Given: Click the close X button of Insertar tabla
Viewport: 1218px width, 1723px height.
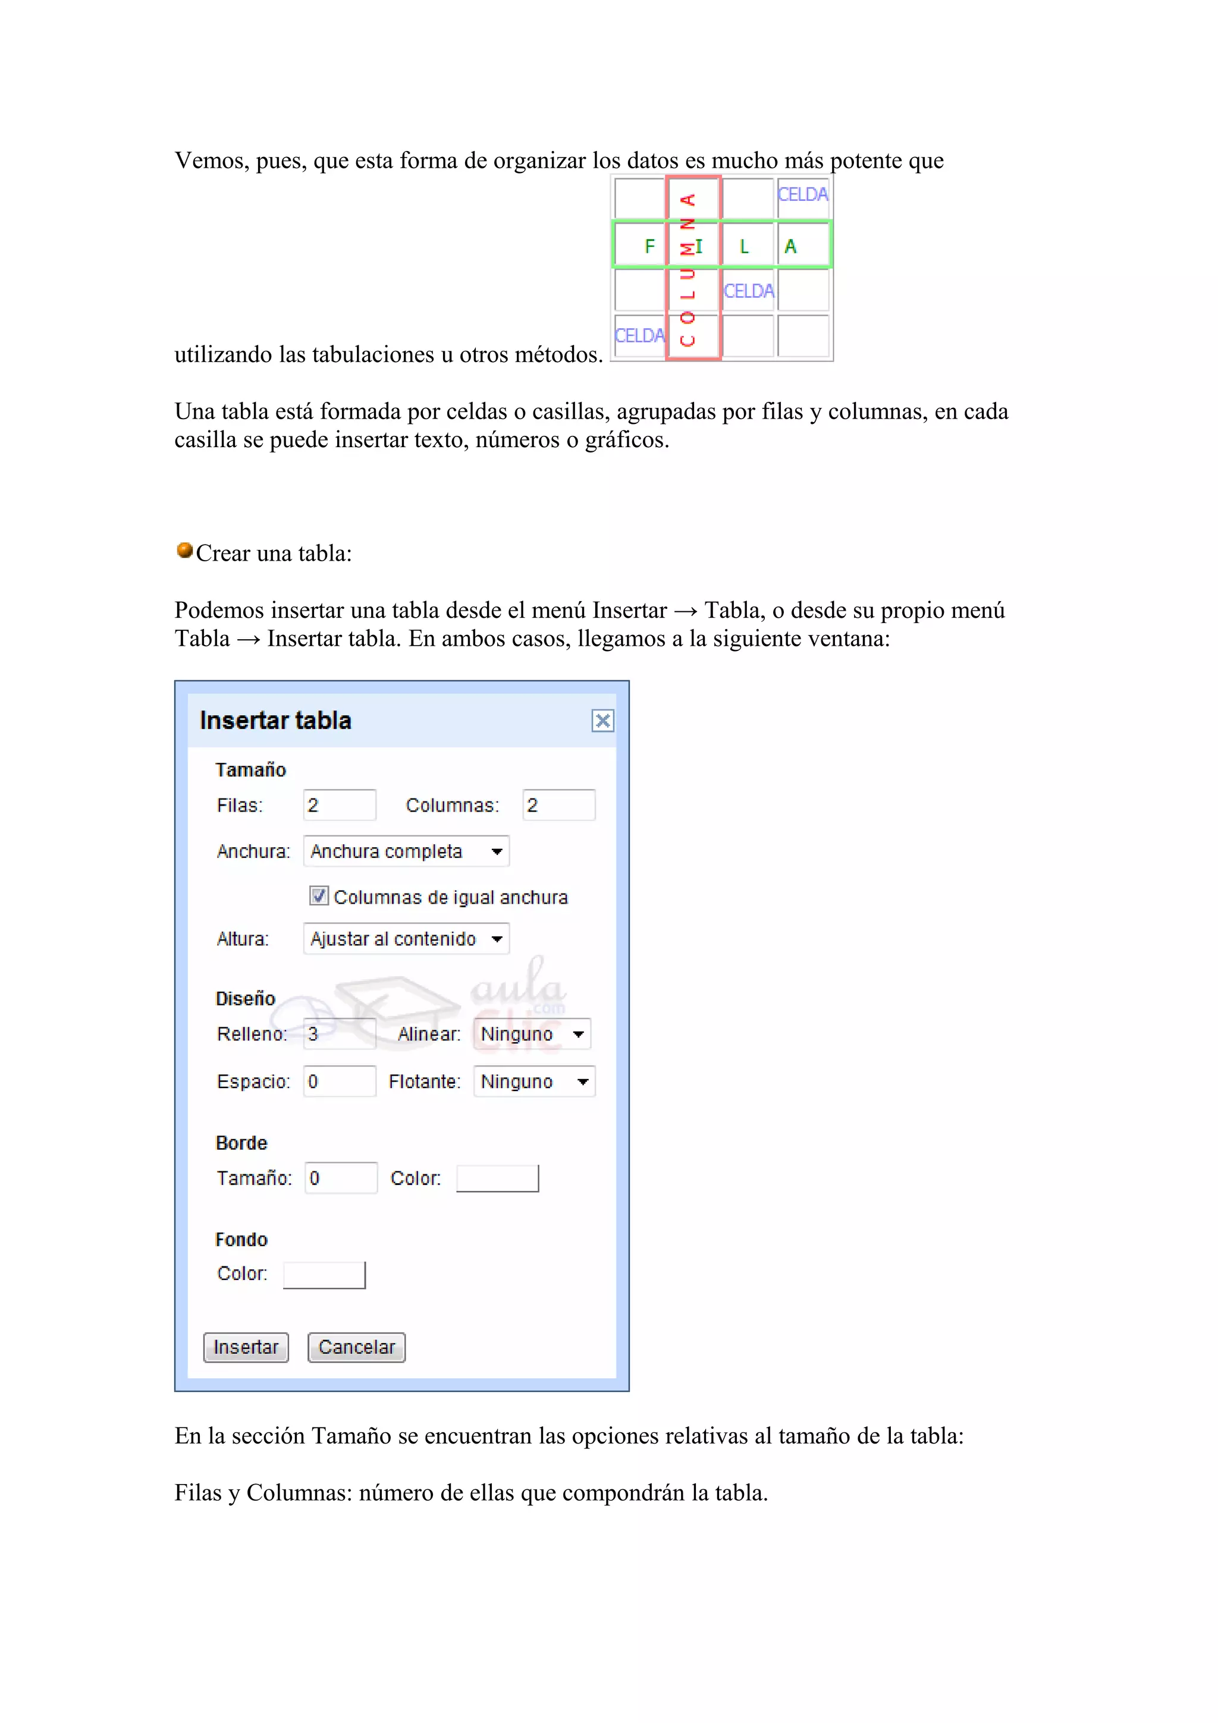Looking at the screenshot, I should (x=602, y=721).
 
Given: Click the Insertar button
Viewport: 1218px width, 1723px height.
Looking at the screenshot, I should (x=246, y=1347).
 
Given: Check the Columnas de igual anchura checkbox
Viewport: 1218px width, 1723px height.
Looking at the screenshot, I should (x=319, y=896).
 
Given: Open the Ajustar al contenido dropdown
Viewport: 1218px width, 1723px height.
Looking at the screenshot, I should (x=406, y=939).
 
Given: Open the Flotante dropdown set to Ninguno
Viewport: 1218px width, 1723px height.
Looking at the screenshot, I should (x=533, y=1081).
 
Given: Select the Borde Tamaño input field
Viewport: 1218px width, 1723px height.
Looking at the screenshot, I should (x=341, y=1178).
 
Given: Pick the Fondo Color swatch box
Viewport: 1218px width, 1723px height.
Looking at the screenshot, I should (x=324, y=1274).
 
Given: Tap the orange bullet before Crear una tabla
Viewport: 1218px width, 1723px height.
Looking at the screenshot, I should (x=184, y=551).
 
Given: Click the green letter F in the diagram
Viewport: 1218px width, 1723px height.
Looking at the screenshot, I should (x=650, y=246).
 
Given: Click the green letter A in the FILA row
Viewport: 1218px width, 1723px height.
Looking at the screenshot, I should (x=790, y=246).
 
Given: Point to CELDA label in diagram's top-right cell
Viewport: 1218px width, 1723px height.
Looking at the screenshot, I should (x=802, y=194).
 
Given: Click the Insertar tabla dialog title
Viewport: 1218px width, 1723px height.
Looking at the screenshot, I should (x=275, y=721).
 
